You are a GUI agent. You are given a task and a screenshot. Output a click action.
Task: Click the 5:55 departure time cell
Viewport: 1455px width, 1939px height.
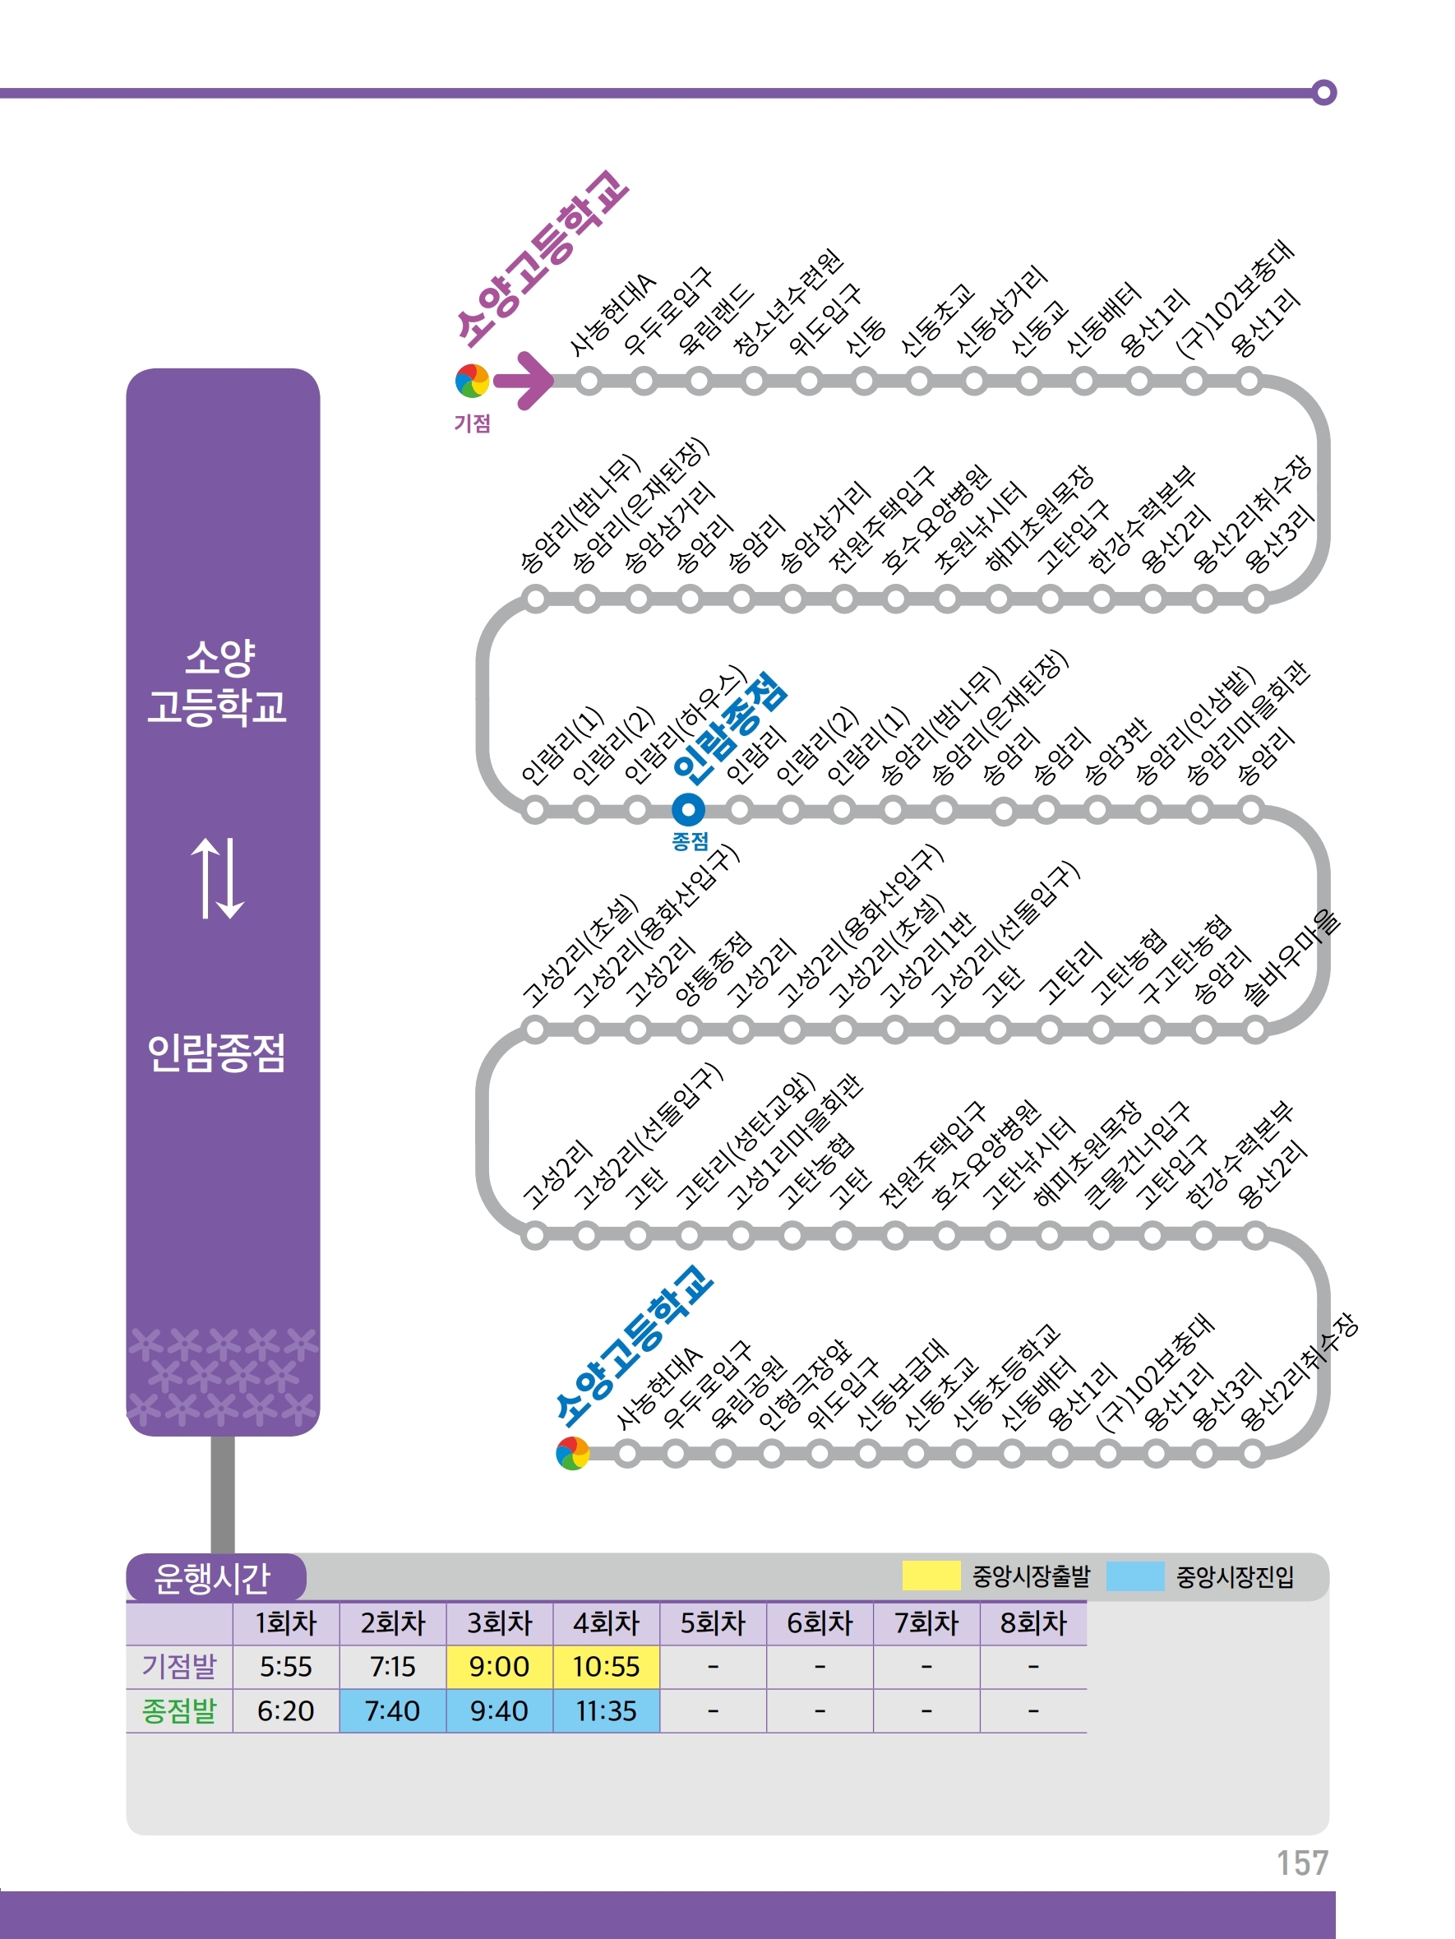click(x=286, y=1666)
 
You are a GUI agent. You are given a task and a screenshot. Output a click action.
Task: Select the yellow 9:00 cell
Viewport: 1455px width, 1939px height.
click(x=499, y=1666)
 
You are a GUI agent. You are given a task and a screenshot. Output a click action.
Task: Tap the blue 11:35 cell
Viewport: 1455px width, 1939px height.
click(x=606, y=1710)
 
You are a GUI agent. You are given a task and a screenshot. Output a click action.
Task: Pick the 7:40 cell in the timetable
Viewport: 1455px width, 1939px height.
click(x=392, y=1710)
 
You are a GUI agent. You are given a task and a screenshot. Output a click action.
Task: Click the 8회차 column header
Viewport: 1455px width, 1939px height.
click(x=1032, y=1623)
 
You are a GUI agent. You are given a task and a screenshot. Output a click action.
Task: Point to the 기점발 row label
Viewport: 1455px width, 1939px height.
click(x=179, y=1666)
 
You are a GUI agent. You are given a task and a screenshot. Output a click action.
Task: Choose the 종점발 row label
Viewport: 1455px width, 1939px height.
click(x=179, y=1710)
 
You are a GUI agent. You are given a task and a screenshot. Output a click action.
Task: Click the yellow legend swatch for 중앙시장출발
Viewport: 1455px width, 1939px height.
click(x=931, y=1576)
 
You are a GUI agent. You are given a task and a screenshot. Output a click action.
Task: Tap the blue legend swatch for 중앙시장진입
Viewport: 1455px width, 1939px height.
click(x=1135, y=1576)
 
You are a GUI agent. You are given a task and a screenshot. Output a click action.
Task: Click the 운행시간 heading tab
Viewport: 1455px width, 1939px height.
click(x=213, y=1578)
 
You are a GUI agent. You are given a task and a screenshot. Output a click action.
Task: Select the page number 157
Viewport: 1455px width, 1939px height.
click(x=1301, y=1863)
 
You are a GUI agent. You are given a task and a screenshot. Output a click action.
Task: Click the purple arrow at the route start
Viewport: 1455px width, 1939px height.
click(x=524, y=381)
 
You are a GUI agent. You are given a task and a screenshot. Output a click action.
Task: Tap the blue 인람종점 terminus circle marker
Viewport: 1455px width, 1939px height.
click(x=688, y=809)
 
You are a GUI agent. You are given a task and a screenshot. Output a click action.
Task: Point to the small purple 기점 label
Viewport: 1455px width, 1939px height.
click(x=472, y=423)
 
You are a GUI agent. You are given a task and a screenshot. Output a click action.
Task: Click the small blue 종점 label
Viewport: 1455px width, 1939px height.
click(x=690, y=841)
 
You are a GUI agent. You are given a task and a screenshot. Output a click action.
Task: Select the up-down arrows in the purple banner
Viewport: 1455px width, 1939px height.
click(x=217, y=877)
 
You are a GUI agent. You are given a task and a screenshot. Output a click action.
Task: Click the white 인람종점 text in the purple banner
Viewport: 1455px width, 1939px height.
click(x=216, y=1053)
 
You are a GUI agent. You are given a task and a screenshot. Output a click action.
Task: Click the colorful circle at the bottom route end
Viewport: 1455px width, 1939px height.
click(x=572, y=1453)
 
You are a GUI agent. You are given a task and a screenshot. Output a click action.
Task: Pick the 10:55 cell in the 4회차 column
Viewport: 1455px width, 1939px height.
click(x=606, y=1666)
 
